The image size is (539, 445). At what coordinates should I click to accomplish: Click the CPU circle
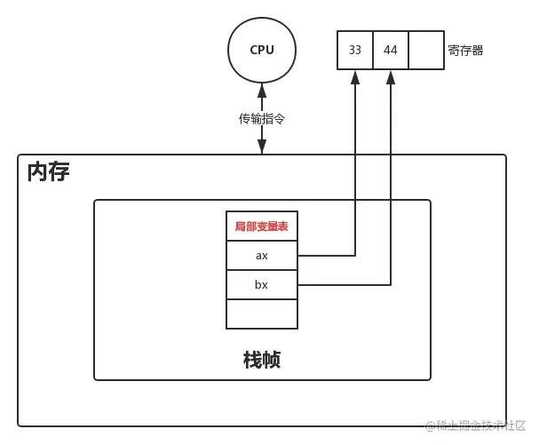tap(262, 50)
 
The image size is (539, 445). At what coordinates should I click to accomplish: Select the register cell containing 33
tap(355, 50)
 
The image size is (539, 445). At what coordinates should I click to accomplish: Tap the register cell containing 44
tap(391, 50)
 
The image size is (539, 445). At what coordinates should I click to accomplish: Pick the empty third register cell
tap(426, 50)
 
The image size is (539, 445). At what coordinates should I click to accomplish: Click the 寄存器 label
tap(465, 51)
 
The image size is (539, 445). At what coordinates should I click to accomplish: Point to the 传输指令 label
tap(262, 118)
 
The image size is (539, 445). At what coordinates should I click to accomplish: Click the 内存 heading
tap(48, 171)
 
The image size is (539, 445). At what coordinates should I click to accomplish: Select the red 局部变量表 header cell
tap(262, 226)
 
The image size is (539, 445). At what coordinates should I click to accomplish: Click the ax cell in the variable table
tap(262, 256)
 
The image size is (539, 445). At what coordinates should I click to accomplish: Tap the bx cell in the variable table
tap(262, 285)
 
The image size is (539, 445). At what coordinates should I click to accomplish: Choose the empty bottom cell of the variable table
tap(262, 314)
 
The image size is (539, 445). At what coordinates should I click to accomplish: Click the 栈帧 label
tap(262, 360)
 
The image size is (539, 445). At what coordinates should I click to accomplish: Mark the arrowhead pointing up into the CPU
tap(262, 90)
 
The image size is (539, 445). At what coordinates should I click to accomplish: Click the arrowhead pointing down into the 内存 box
tap(262, 147)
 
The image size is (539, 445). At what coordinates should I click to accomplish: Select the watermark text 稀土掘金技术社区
tap(477, 427)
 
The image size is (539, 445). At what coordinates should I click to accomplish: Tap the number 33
tap(355, 50)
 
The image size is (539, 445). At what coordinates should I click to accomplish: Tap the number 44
tap(391, 50)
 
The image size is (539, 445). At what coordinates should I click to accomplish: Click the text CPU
tap(262, 50)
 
